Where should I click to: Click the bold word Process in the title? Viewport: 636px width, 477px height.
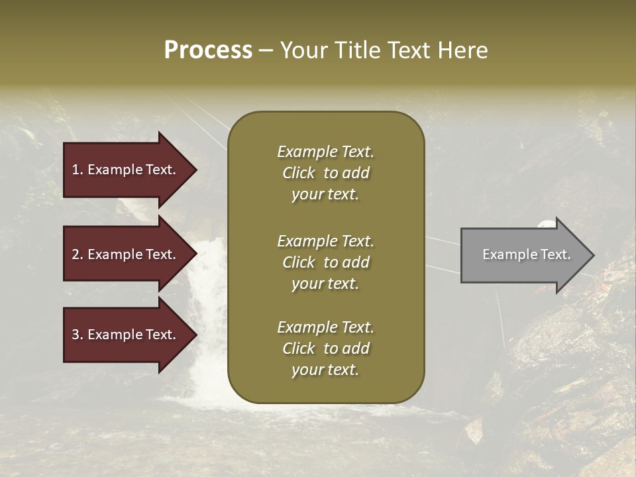click(208, 50)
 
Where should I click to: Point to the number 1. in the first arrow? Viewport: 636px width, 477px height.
click(78, 170)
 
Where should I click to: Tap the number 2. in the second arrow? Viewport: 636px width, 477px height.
click(78, 254)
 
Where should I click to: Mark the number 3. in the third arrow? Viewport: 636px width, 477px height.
click(78, 335)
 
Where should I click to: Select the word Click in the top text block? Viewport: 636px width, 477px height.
click(298, 173)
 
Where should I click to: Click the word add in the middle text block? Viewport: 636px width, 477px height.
click(356, 262)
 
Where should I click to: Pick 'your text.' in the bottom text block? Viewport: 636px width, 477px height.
click(325, 370)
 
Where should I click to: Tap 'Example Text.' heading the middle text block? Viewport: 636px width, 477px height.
click(325, 241)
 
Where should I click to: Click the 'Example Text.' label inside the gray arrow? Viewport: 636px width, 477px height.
click(526, 254)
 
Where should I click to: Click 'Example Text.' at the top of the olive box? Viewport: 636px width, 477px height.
click(325, 152)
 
